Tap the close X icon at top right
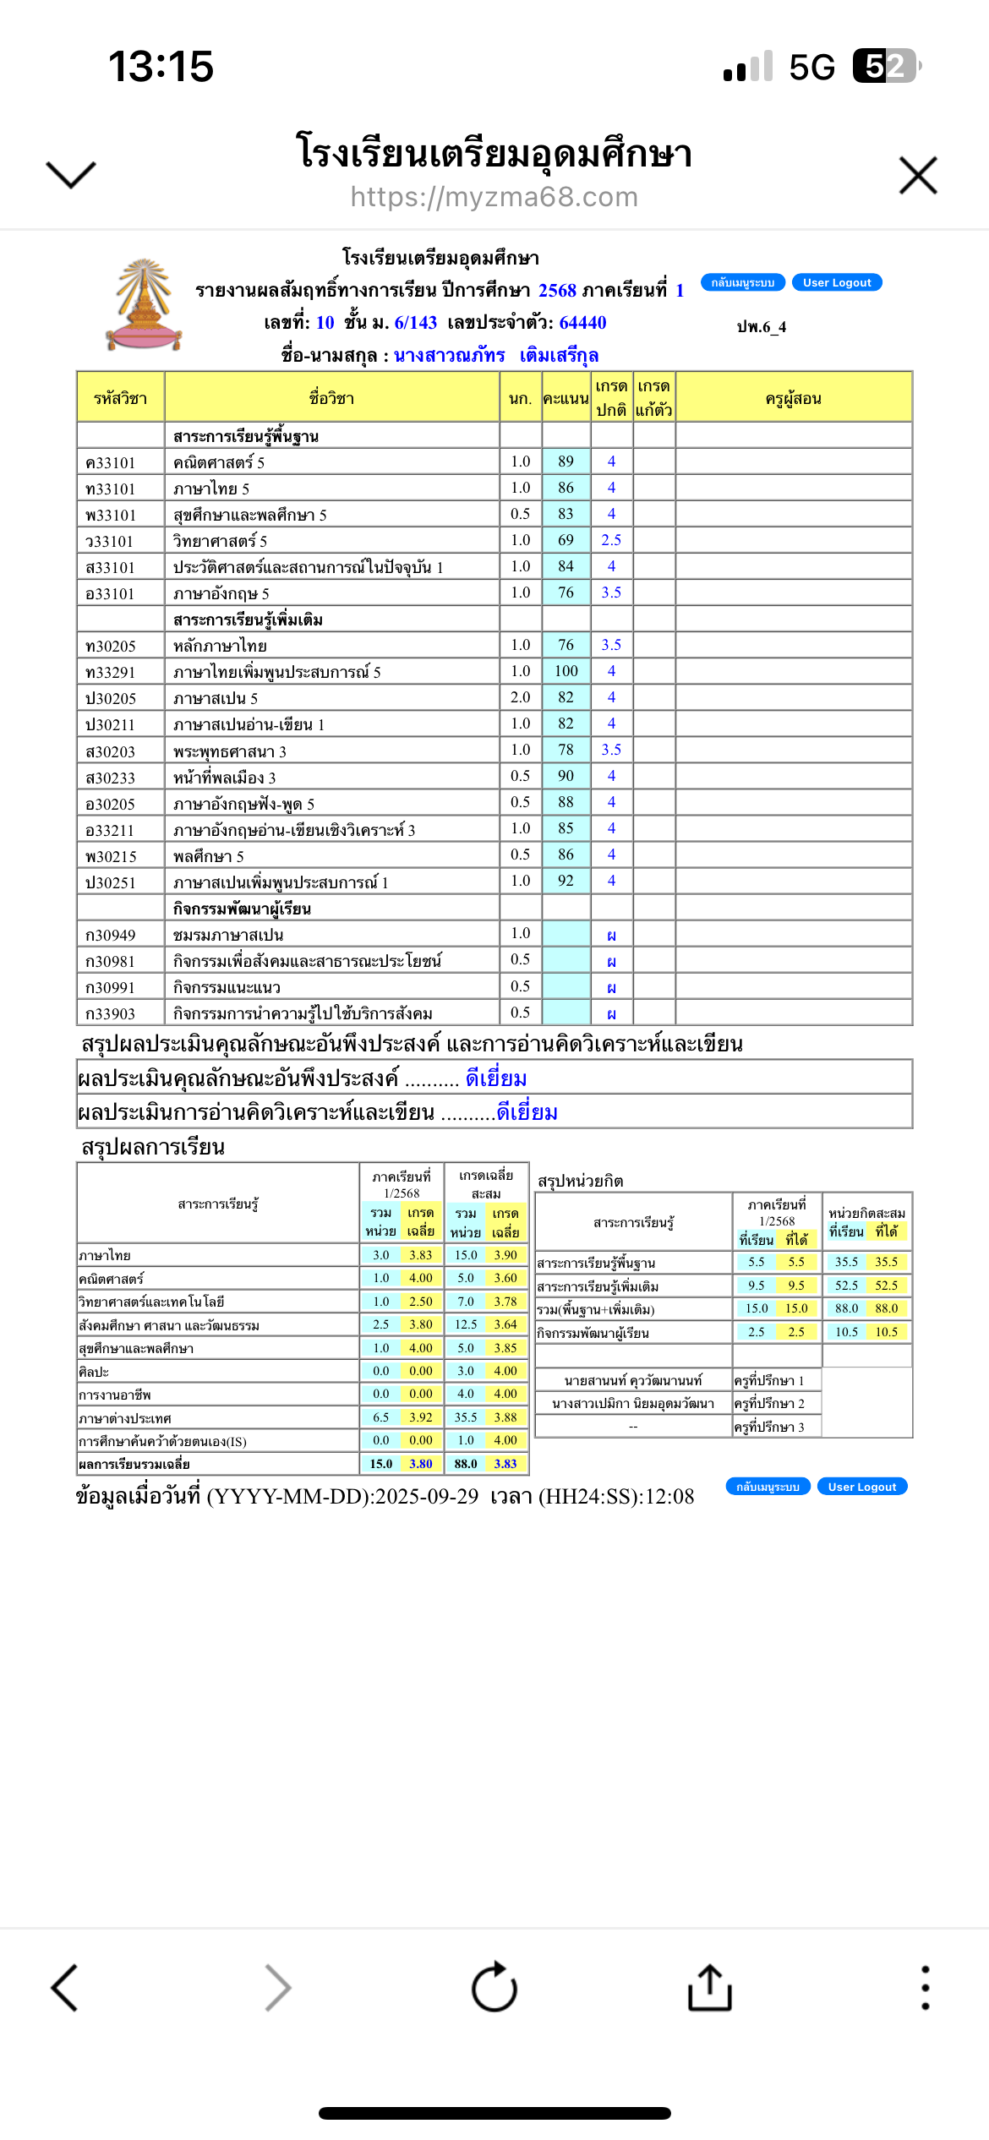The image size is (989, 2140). coord(918,176)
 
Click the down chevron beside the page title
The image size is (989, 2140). coord(71,174)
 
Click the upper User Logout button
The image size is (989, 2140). coord(837,282)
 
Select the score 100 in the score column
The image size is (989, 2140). coord(566,671)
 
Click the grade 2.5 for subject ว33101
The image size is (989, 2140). coord(611,540)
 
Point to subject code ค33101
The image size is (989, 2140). coord(111,463)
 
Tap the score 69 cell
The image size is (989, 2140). coord(566,540)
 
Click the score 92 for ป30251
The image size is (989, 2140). coord(566,881)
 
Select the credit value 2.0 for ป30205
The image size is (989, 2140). coord(520,697)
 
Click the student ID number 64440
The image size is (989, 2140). coord(582,323)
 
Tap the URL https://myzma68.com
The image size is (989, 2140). coord(494,197)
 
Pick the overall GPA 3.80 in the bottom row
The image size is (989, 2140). coord(421,1464)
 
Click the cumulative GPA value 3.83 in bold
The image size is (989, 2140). coord(505,1464)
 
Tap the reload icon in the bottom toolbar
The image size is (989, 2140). coord(494,1987)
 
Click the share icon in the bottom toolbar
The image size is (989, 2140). coord(709,1987)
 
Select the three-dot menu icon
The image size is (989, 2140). coord(926,1987)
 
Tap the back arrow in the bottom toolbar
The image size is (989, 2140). coord(65,1987)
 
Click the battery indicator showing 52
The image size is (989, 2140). coord(885,66)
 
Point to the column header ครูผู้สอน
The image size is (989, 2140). coord(793,399)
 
